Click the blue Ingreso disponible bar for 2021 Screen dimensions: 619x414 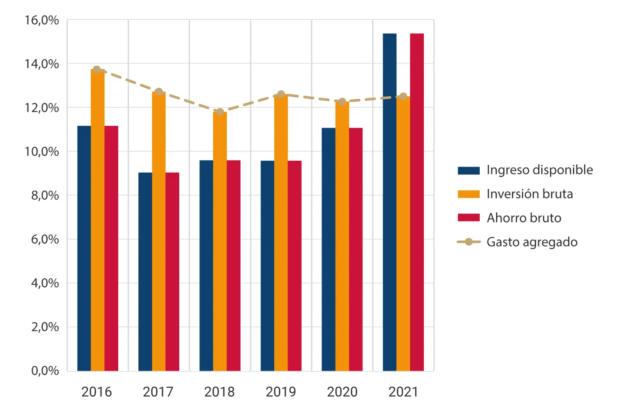[389, 202]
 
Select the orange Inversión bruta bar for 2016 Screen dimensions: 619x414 [98, 220]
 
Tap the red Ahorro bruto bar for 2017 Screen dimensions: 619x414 [172, 271]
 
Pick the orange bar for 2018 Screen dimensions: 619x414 [220, 241]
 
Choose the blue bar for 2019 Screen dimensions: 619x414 [267, 266]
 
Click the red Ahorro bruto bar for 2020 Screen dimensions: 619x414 [355, 249]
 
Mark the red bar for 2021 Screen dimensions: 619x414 [417, 202]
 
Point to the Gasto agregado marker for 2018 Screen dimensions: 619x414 [220, 112]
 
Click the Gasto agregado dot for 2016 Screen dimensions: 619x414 [97, 69]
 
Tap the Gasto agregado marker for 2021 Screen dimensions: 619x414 [404, 96]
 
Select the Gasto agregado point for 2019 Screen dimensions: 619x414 [281, 94]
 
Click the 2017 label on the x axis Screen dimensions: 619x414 [158, 392]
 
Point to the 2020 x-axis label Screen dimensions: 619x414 [342, 392]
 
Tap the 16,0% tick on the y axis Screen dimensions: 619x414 [42, 20]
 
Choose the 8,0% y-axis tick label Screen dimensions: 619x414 [45, 195]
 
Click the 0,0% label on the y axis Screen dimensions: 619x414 [45, 371]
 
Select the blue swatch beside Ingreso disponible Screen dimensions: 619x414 [469, 170]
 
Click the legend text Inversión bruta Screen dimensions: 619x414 [530, 194]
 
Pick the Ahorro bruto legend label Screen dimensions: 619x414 [524, 218]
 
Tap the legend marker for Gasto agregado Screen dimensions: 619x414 [469, 242]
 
